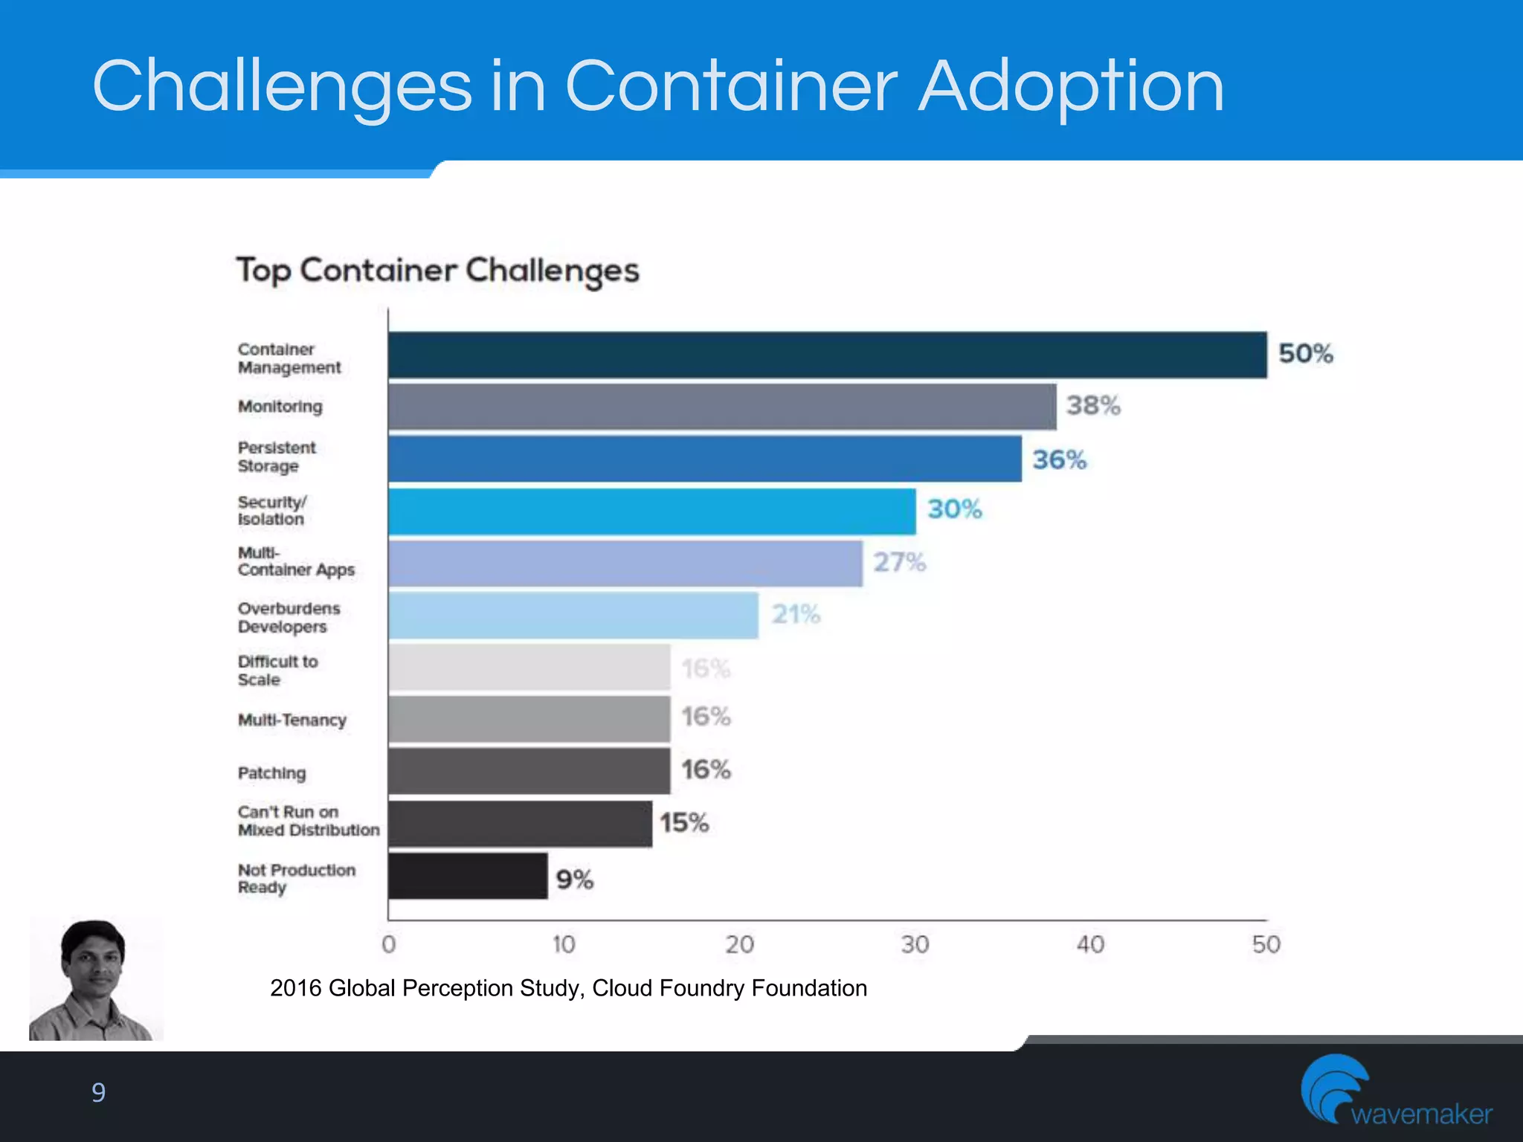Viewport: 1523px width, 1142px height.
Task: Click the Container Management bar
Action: point(827,355)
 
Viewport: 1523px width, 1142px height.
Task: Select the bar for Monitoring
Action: point(721,407)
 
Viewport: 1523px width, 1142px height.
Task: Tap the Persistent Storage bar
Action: point(704,459)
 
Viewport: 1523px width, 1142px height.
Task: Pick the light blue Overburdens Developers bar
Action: point(573,615)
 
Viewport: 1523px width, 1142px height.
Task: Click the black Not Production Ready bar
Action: point(468,876)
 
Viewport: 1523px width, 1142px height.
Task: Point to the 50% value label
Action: point(1305,353)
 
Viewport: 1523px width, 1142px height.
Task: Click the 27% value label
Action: point(899,562)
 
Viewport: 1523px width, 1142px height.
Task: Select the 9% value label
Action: point(574,880)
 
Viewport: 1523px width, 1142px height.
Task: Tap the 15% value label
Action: point(683,822)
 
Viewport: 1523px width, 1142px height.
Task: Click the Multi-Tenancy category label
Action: point(292,720)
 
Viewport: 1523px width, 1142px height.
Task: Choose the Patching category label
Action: point(271,773)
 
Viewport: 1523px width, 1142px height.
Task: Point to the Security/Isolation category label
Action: point(271,510)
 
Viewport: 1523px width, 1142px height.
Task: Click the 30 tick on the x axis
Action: point(915,944)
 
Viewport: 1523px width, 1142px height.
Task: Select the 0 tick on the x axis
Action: point(388,944)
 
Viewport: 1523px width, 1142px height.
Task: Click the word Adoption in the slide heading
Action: point(1071,88)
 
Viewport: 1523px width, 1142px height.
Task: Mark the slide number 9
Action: point(98,1092)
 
